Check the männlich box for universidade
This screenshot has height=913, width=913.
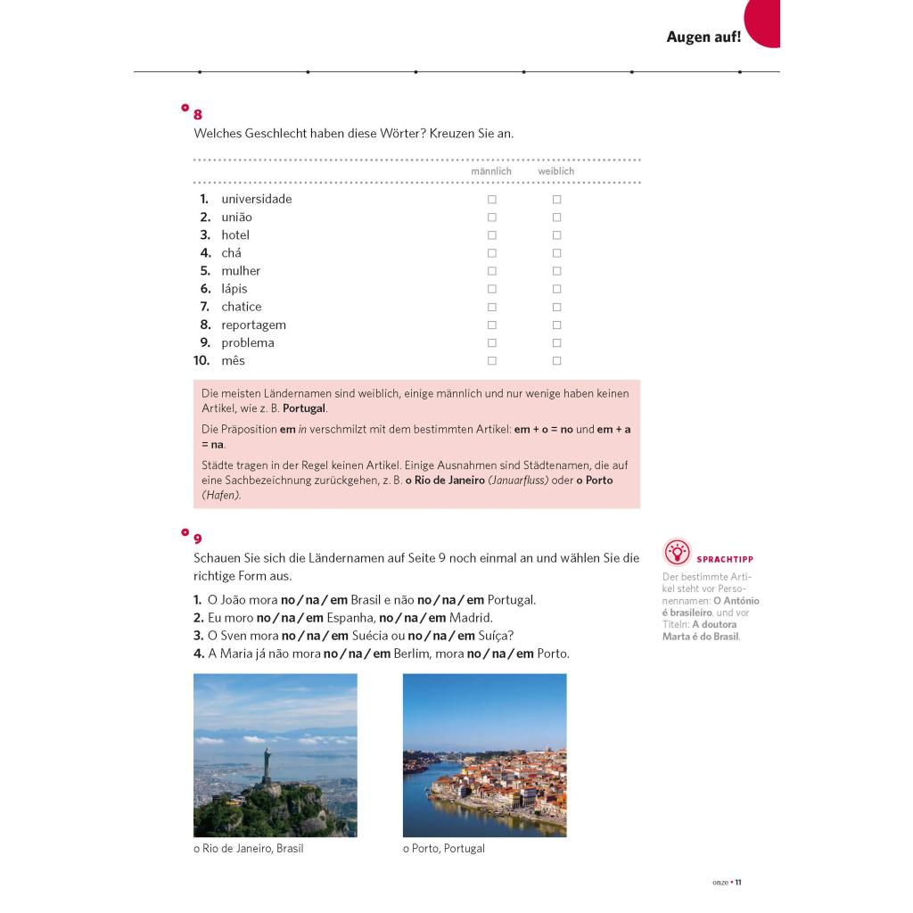coord(491,200)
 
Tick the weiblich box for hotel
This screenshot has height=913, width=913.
coord(556,235)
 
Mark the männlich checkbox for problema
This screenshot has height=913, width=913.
coord(491,343)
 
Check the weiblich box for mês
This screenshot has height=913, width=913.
coord(556,361)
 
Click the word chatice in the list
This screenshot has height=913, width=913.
coord(242,307)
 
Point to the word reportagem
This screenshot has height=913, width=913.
coord(253,325)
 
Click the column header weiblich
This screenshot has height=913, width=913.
coord(555,171)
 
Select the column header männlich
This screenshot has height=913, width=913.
coord(491,171)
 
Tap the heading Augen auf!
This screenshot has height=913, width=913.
coord(703,37)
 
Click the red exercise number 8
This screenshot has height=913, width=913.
coord(198,115)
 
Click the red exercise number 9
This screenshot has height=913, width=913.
coord(198,539)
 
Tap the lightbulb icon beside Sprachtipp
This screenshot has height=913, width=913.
coord(678,553)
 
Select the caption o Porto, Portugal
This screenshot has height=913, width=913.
coord(444,849)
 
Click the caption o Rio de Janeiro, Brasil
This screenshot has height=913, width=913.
coord(248,849)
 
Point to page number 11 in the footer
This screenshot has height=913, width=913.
coord(738,883)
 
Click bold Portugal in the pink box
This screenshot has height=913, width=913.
coord(304,408)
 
